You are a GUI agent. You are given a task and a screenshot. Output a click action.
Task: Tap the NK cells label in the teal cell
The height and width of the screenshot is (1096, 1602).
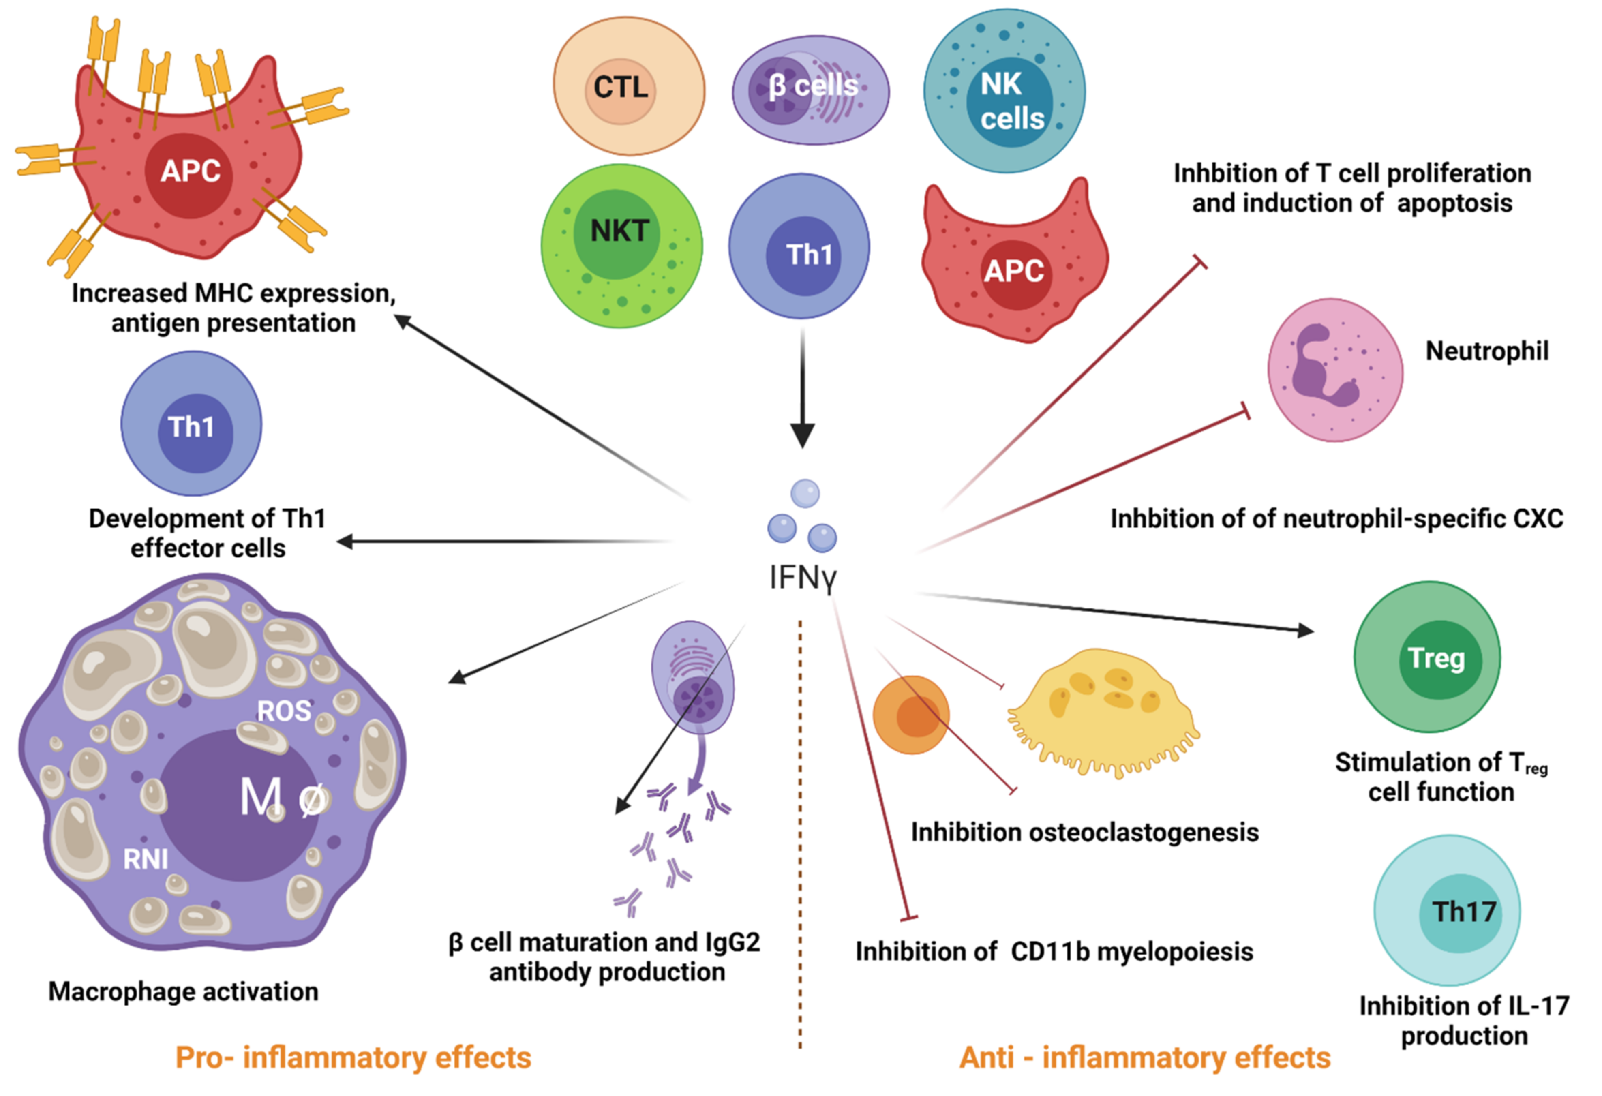click(1011, 102)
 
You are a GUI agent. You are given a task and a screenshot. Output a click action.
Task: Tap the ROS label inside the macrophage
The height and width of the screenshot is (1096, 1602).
click(283, 711)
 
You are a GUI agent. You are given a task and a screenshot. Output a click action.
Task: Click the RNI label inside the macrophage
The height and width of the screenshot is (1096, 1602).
click(146, 859)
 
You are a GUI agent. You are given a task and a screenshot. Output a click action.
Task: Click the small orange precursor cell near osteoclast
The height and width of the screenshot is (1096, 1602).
click(910, 715)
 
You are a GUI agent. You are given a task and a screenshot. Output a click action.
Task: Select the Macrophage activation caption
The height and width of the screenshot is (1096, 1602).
click(183, 991)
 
